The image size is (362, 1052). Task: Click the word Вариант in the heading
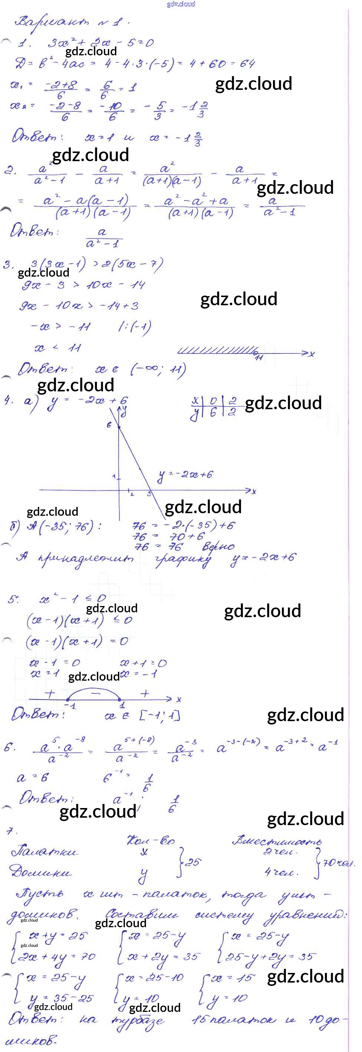point(52,22)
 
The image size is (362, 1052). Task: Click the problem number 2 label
point(9,170)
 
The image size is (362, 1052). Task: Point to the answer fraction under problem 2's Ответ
point(102,238)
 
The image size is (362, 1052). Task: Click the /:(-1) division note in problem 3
point(134,327)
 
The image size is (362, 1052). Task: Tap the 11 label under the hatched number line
point(259,358)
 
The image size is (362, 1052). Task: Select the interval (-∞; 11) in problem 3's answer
point(158,370)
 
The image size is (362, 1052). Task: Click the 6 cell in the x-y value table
point(213,412)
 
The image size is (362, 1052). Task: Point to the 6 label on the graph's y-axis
point(109,425)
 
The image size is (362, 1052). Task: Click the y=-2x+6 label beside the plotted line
point(185,475)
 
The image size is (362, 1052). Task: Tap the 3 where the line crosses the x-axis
point(149,494)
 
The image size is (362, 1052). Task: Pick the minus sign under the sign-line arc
point(95,693)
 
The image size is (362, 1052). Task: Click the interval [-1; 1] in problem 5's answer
point(159,716)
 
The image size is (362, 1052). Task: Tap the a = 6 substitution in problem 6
point(33,777)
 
